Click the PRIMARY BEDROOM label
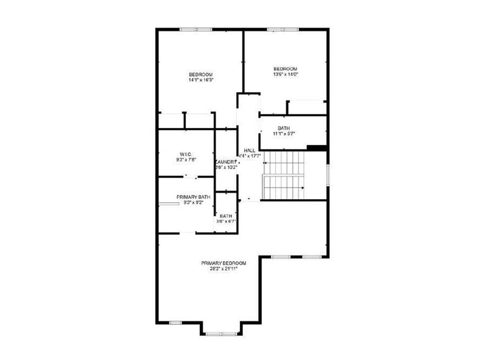tap(224, 263)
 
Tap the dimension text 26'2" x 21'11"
tap(224, 269)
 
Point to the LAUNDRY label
tap(225, 161)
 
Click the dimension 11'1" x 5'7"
tap(284, 134)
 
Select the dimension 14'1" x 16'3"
tap(201, 80)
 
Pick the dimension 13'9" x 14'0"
tap(285, 74)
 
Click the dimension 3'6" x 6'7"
tap(225, 221)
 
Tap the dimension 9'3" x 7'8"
tap(184, 159)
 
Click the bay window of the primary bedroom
tap(222, 334)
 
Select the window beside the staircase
tap(328, 174)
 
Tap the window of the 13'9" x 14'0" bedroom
tap(283, 30)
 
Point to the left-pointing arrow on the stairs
tap(266, 163)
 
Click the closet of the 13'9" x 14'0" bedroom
tap(307, 107)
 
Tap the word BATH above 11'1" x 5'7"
tap(284, 128)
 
